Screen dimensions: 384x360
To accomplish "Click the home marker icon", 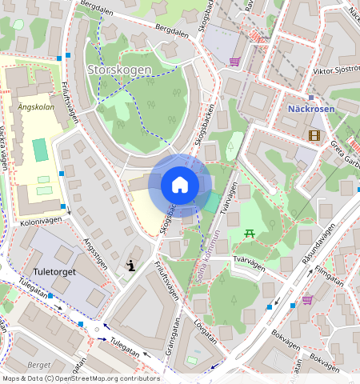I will (x=180, y=185).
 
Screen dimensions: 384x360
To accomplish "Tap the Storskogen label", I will (x=118, y=70).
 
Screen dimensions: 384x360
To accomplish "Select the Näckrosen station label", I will (x=311, y=107).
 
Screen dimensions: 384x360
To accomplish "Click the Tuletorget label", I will (x=55, y=272).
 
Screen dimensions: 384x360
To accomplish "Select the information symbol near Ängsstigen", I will (x=130, y=266).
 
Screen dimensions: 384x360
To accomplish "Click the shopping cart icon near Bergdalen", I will (x=234, y=61).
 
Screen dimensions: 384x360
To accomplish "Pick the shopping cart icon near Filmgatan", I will (x=307, y=300).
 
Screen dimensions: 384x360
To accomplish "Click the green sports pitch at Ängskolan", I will (x=39, y=150).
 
